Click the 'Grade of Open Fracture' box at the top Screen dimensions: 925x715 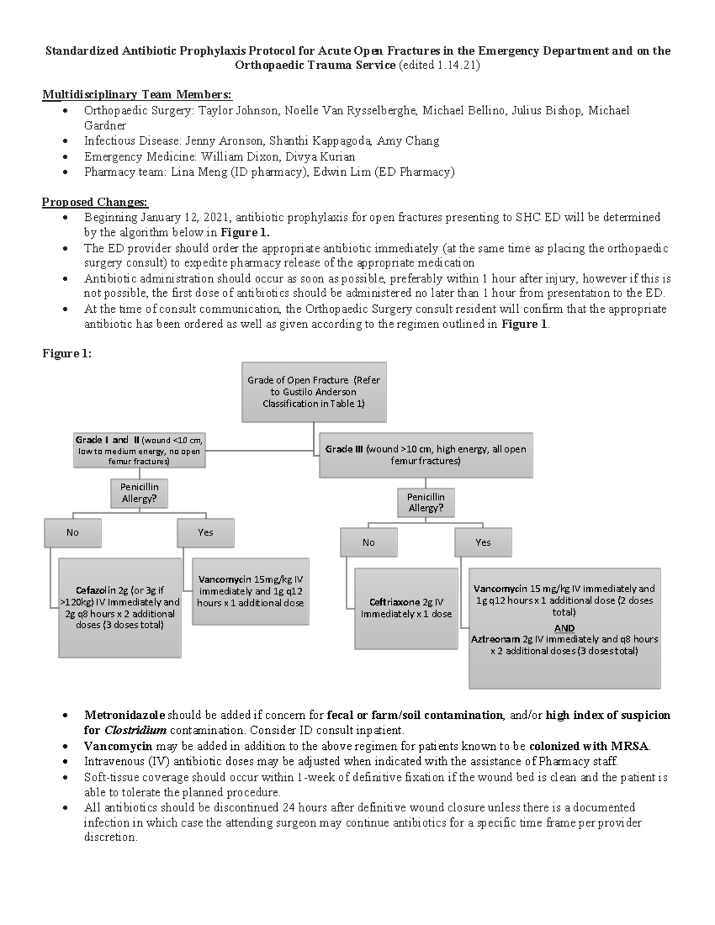tap(314, 392)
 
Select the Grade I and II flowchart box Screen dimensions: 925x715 tap(139, 450)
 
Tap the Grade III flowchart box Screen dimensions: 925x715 tap(425, 455)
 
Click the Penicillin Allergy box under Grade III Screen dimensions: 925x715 tap(425, 502)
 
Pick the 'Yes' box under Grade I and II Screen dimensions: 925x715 tap(206, 532)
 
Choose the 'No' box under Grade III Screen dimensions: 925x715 tap(368, 542)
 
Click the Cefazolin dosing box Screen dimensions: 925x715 tap(120, 608)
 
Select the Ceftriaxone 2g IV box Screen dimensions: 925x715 tap(406, 608)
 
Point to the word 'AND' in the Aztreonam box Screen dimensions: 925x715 tap(564, 628)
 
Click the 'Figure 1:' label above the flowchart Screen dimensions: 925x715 tap(67, 354)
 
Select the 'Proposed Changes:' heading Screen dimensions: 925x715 tap(95, 202)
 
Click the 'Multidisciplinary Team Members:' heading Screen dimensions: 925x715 tap(137, 95)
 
